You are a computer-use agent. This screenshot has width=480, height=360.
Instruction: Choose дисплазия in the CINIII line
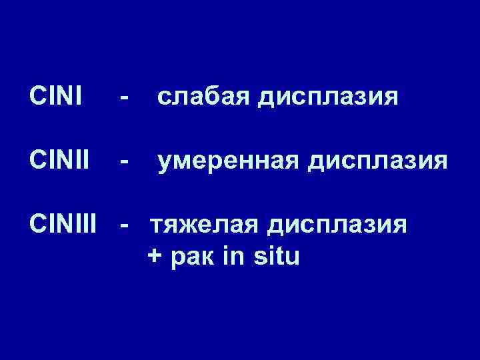coord(337,227)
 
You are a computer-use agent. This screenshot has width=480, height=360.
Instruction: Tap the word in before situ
coord(235,256)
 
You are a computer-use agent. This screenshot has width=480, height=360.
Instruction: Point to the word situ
coord(277,256)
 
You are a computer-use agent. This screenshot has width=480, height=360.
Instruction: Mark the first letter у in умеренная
coord(164,164)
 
